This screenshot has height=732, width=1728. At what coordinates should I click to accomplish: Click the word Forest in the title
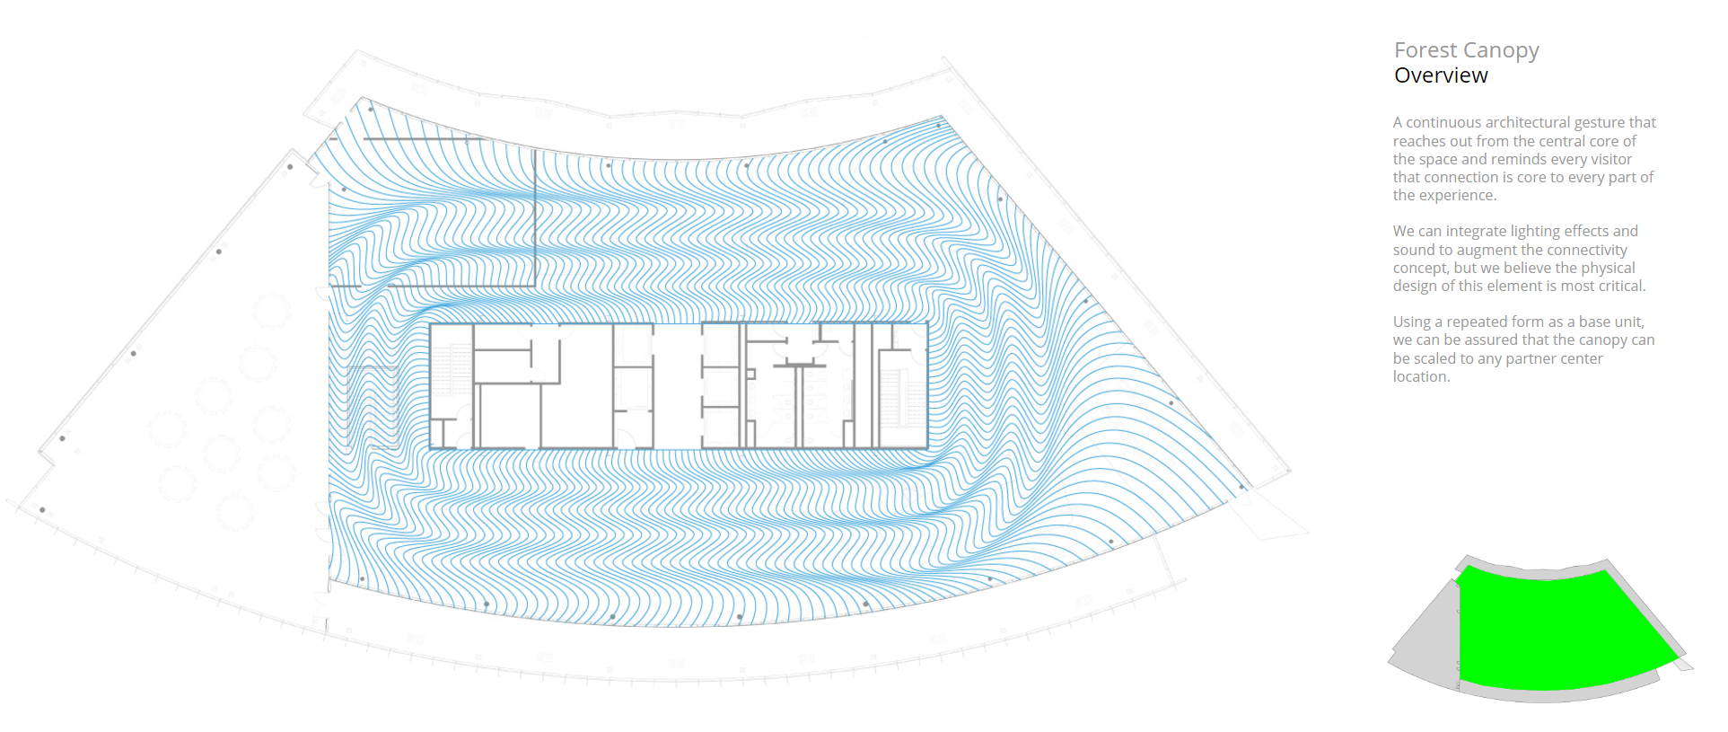[1425, 50]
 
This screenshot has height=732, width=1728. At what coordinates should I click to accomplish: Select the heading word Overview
[1441, 75]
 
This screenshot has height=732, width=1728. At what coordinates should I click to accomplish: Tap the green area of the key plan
[1562, 629]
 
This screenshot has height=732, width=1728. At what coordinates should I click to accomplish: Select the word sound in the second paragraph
[1412, 250]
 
